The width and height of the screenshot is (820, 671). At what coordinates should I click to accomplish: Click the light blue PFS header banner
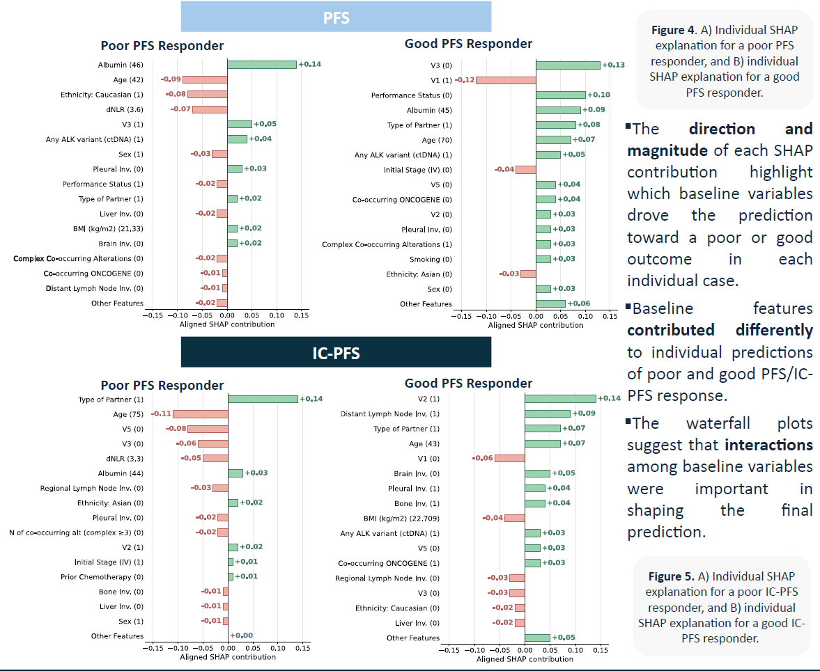click(336, 17)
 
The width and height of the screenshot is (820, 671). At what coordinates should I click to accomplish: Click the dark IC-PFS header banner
click(336, 352)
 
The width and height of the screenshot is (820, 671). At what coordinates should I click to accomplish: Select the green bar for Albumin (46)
click(262, 65)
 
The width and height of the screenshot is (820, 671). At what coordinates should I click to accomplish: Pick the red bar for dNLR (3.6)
click(210, 109)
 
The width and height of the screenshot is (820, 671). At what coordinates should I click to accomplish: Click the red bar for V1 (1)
click(506, 80)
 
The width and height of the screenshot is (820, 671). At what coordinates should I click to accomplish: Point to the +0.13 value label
click(613, 65)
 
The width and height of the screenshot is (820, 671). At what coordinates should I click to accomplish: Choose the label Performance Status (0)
click(411, 95)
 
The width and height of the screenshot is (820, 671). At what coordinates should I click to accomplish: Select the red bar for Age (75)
click(201, 414)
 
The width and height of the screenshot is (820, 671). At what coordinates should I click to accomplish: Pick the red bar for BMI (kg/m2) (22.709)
click(515, 518)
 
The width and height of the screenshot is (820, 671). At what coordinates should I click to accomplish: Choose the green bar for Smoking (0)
click(543, 259)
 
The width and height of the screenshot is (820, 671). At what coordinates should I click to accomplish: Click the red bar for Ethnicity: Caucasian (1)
click(207, 95)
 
